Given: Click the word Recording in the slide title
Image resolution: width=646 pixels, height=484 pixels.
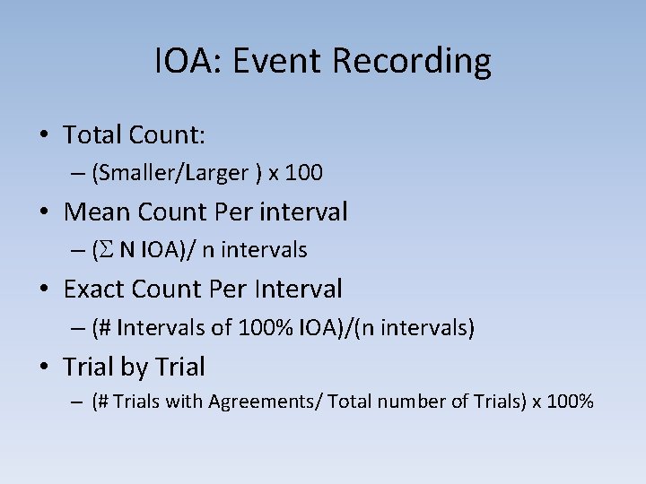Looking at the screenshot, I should pyautogui.click(x=412, y=62).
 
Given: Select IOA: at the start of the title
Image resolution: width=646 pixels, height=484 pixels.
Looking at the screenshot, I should pyautogui.click(x=193, y=62).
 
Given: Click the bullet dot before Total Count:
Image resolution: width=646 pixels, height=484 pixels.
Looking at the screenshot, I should pyautogui.click(x=44, y=136).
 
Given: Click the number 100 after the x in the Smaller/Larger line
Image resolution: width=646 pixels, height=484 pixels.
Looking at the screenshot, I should pyautogui.click(x=306, y=173).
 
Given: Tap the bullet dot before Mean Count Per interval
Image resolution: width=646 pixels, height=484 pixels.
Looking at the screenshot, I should pyautogui.click(x=44, y=213).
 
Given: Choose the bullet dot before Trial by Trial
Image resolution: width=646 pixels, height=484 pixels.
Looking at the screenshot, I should pyautogui.click(x=44, y=368).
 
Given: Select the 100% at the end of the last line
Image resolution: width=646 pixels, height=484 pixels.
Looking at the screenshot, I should pyautogui.click(x=571, y=402).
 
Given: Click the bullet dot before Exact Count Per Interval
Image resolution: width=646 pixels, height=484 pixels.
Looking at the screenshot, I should pyautogui.click(x=44, y=290).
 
